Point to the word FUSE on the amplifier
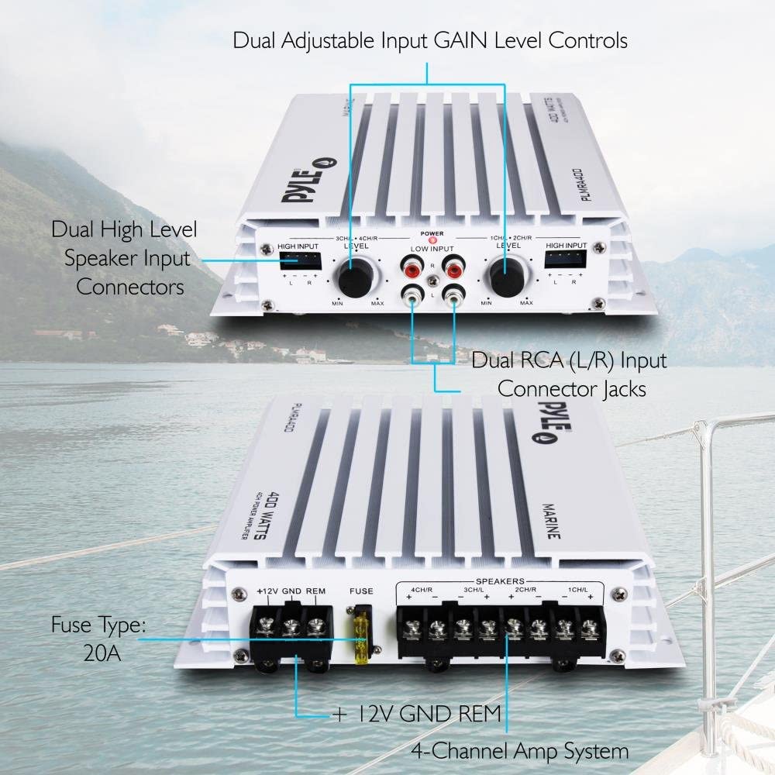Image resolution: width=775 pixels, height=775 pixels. [361, 591]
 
